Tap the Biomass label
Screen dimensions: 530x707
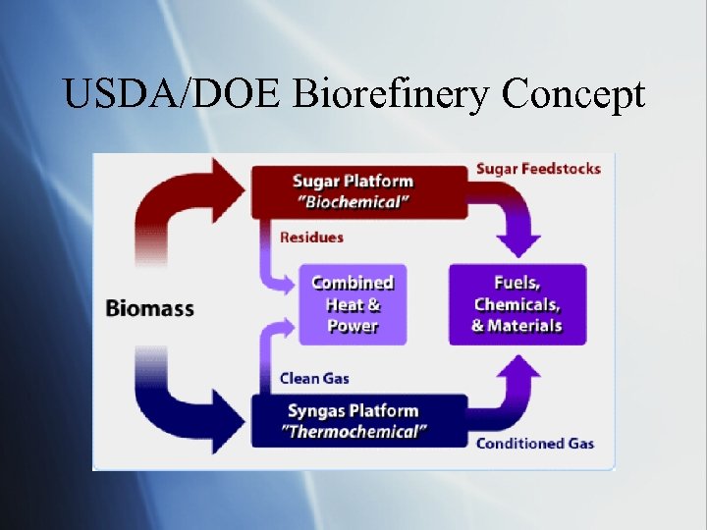(149, 308)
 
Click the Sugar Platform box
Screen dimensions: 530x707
(359, 191)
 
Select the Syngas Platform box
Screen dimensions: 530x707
(359, 421)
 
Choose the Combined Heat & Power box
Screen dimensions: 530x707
(353, 304)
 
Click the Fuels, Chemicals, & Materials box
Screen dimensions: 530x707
(517, 304)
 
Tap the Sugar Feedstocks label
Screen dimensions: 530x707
(538, 169)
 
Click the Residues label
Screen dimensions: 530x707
(311, 237)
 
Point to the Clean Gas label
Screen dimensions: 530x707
(314, 378)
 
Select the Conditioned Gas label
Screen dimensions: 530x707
(535, 444)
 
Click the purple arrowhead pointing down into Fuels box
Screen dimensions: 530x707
(518, 244)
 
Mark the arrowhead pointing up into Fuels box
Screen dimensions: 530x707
(518, 365)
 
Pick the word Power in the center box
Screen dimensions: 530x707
(353, 326)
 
